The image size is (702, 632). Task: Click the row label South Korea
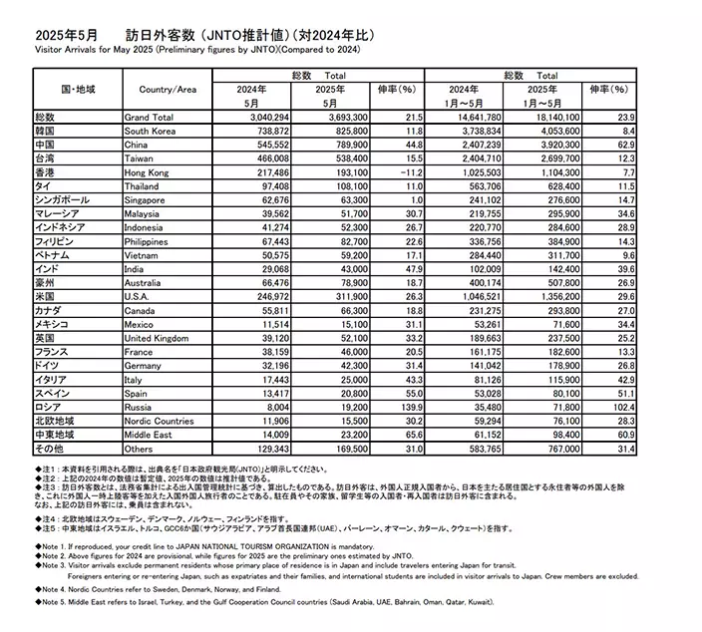[150, 131]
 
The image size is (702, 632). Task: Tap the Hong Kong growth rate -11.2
[410, 171]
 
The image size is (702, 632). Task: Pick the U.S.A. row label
[140, 296]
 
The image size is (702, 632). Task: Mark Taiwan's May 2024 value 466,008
[268, 158]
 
